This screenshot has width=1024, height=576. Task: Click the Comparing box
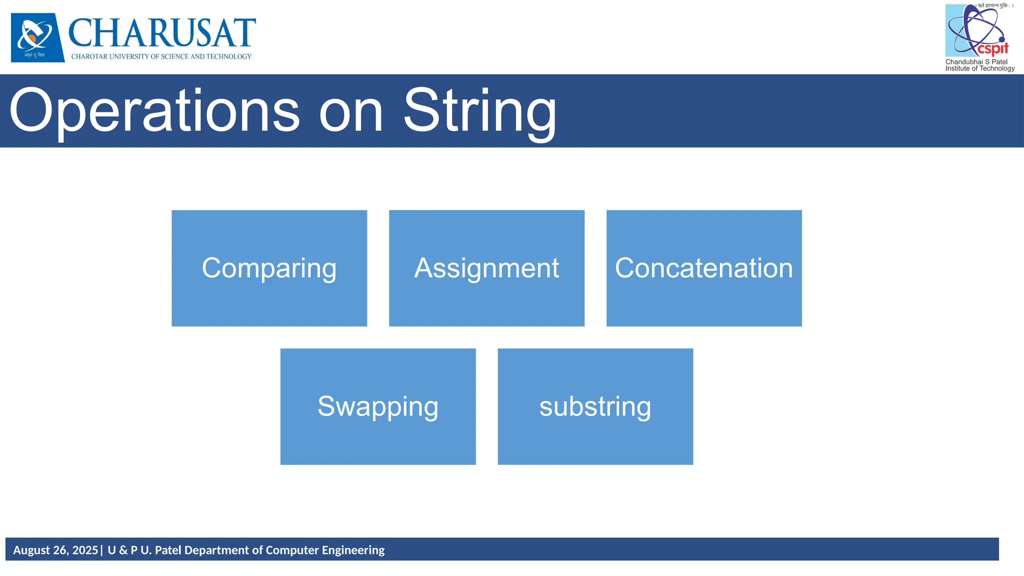point(269,268)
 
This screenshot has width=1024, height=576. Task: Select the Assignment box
point(486,268)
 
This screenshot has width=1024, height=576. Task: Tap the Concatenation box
point(704,268)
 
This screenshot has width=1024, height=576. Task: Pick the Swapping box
point(378,406)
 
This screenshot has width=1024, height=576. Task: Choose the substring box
point(595,406)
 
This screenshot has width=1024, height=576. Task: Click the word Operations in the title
point(154,111)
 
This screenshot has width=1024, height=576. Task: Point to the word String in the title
point(480,111)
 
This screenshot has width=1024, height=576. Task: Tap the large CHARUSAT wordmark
point(162,33)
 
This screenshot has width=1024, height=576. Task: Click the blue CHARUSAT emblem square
point(37,37)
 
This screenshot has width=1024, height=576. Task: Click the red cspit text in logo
point(993,49)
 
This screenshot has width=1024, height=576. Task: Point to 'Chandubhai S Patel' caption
point(976,62)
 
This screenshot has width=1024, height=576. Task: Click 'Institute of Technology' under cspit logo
point(980,68)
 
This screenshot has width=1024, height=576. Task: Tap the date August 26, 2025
point(55,550)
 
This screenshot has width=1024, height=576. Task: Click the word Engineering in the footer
point(353,550)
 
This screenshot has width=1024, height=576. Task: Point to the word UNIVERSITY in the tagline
point(128,56)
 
